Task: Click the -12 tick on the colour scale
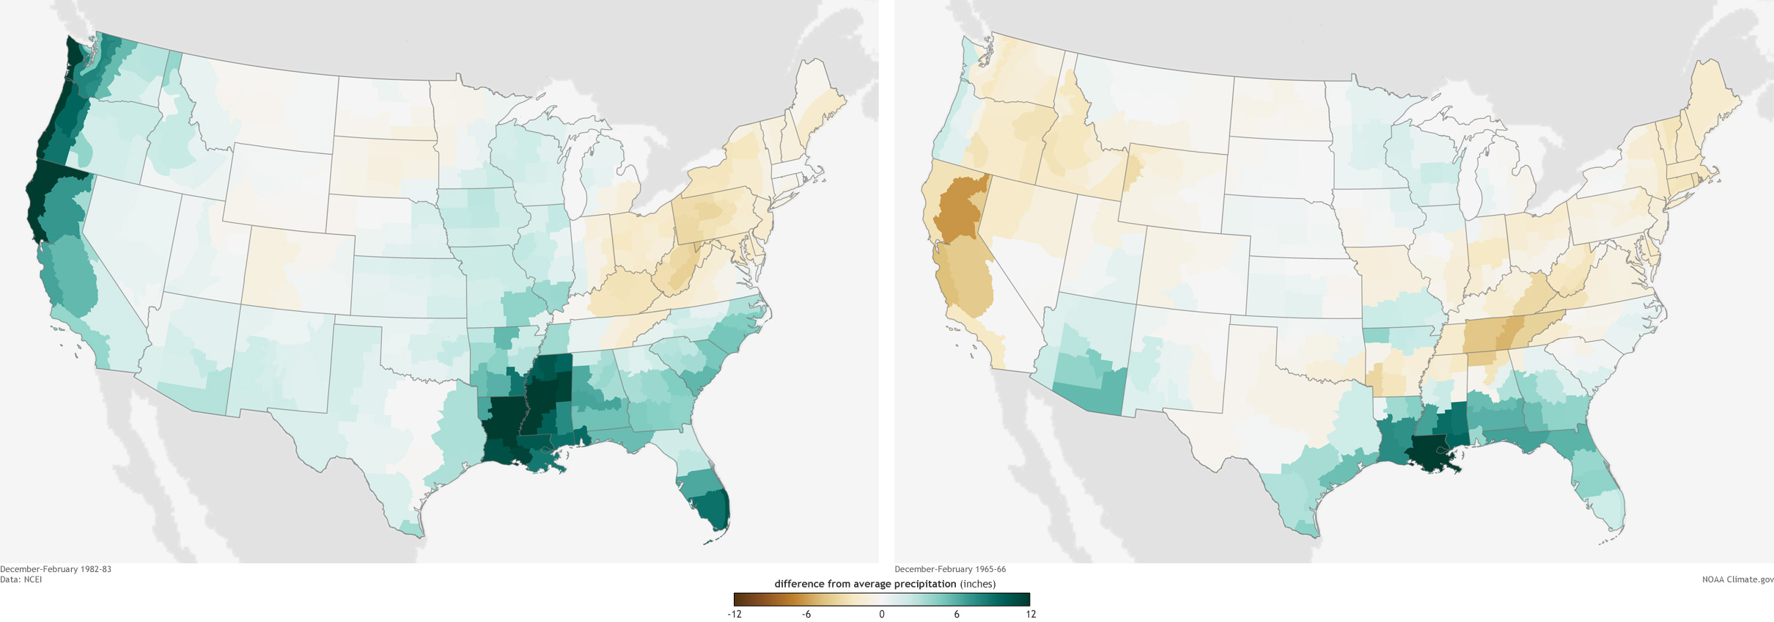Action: click(735, 614)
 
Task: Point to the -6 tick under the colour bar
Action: click(806, 614)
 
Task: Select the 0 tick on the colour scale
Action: click(882, 614)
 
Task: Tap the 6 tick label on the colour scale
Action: click(957, 614)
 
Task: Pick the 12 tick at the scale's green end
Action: click(1031, 614)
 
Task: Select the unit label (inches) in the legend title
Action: click(978, 584)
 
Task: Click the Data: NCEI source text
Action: click(21, 579)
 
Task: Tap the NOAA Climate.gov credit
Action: click(1737, 579)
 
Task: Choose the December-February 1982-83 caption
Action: click(56, 569)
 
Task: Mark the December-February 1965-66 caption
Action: click(950, 569)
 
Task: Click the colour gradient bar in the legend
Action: click(882, 599)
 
